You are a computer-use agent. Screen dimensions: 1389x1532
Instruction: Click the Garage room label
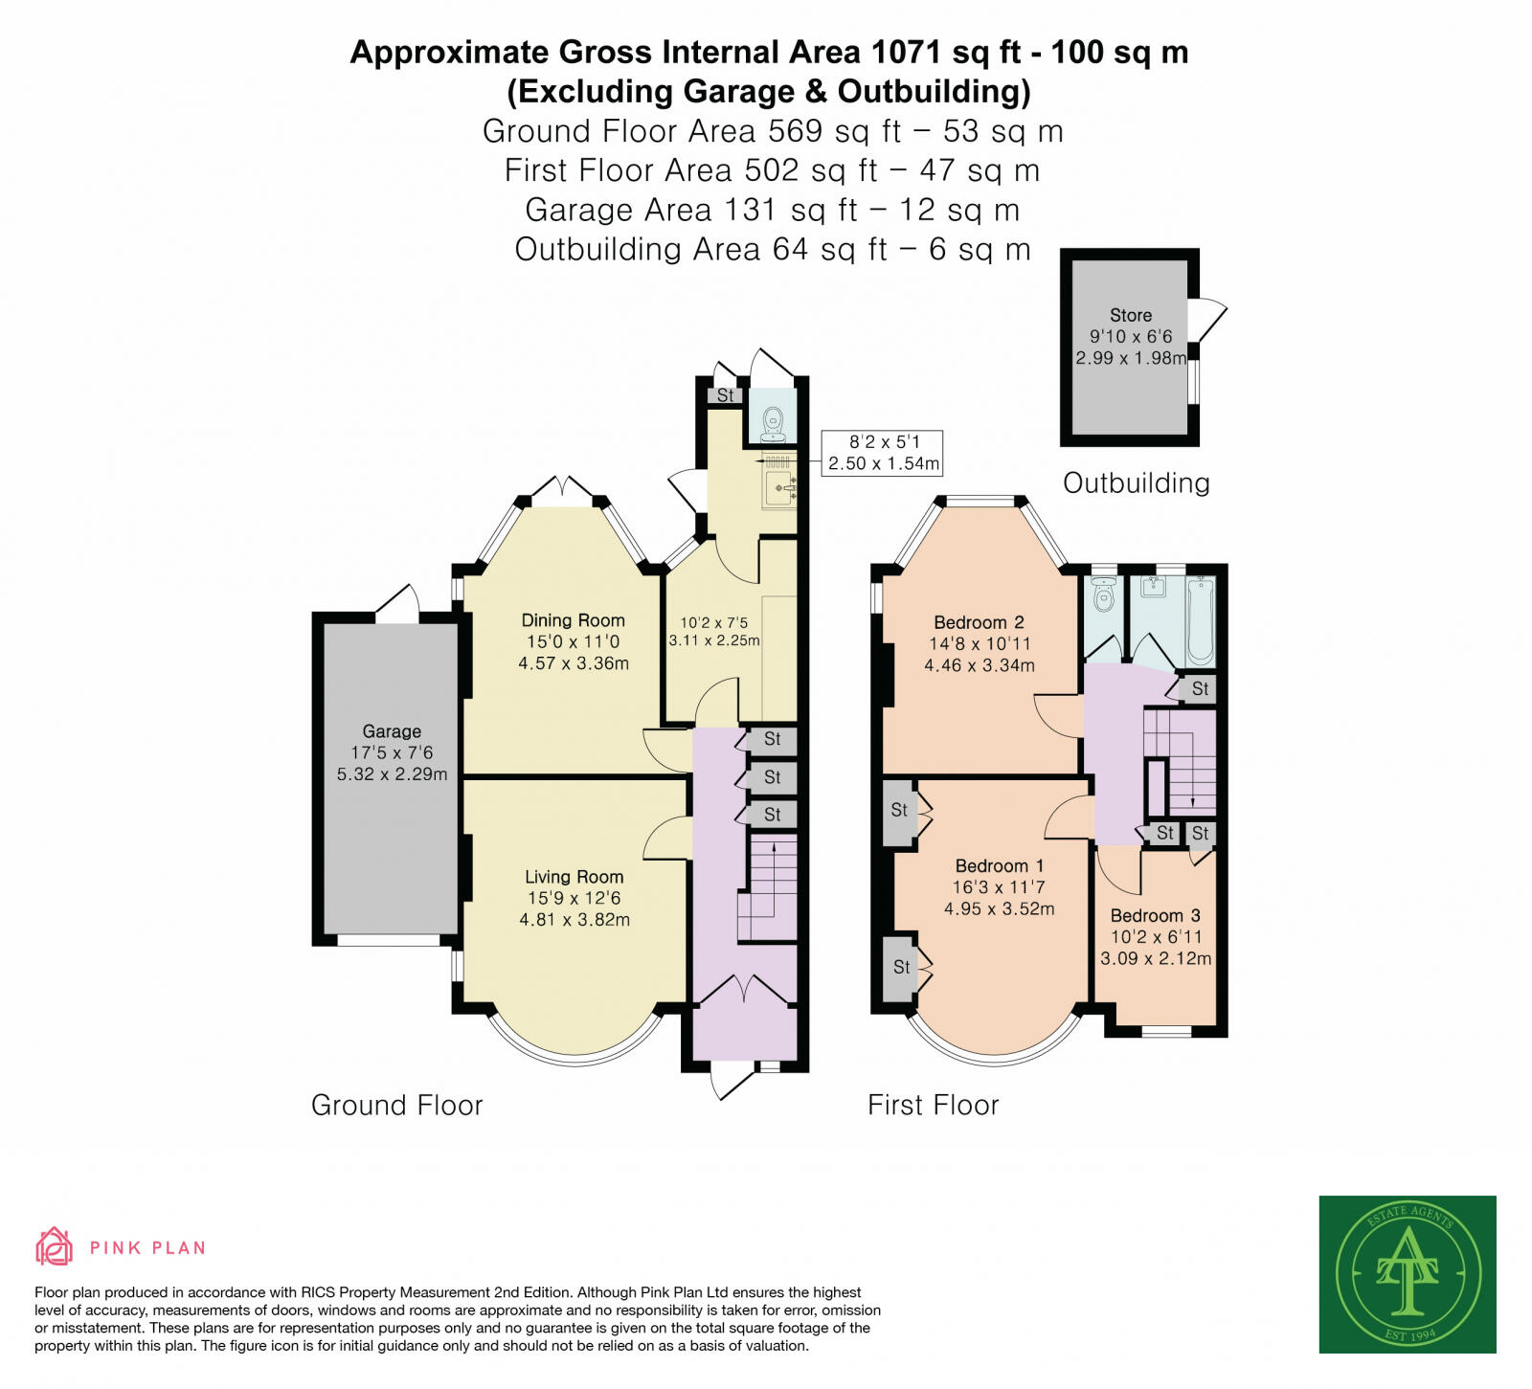[x=391, y=731]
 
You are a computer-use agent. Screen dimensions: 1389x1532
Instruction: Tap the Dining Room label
[x=573, y=620]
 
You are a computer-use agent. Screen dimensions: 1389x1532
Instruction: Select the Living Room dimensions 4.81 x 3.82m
[x=574, y=920]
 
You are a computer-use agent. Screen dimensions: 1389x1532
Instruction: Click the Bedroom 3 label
[x=1155, y=915]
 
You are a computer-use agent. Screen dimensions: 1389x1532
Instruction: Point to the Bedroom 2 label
[x=979, y=622]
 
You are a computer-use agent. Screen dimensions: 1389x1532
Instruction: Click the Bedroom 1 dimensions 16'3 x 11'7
[x=999, y=887]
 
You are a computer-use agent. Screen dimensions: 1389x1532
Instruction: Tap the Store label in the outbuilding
[x=1130, y=315]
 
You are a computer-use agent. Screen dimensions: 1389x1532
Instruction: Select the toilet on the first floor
[x=1104, y=594]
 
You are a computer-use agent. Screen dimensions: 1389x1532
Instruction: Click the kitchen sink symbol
[x=777, y=487]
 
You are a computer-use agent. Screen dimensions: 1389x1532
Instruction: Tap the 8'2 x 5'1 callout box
[x=883, y=453]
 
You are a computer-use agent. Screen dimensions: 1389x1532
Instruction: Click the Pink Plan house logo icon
[x=54, y=1246]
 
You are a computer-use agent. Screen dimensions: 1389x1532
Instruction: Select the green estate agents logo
[x=1408, y=1274]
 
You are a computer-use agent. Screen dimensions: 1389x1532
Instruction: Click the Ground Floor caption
[x=396, y=1105]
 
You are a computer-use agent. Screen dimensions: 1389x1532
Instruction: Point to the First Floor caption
[x=933, y=1105]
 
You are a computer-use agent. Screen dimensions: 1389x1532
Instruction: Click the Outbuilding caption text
[x=1136, y=482]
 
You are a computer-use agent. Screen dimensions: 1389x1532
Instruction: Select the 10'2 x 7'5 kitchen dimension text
[x=714, y=623]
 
